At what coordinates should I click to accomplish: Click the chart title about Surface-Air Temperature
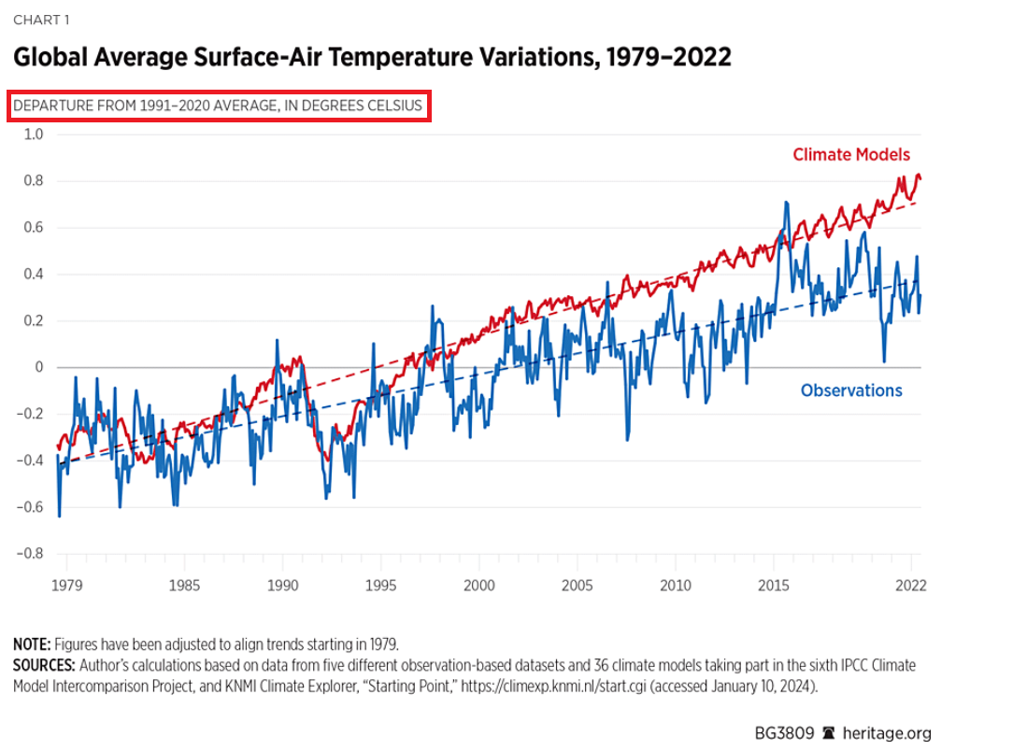click(x=371, y=57)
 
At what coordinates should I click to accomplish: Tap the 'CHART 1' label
click(x=41, y=20)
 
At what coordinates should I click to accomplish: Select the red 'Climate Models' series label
click(x=850, y=155)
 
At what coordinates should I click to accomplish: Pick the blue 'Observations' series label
click(x=851, y=390)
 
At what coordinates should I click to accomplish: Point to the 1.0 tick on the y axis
click(x=34, y=135)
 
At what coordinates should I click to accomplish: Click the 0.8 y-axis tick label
click(x=34, y=181)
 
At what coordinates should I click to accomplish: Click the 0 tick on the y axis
click(x=39, y=367)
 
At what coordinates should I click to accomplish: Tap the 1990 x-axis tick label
click(x=282, y=586)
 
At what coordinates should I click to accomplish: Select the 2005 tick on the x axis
click(x=577, y=586)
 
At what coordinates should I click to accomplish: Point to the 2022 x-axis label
click(x=911, y=586)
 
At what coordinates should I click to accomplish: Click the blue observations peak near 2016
click(x=787, y=203)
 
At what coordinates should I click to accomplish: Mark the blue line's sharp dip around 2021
click(x=884, y=361)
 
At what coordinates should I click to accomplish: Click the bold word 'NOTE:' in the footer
click(x=33, y=645)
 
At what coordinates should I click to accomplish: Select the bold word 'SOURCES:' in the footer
click(x=44, y=665)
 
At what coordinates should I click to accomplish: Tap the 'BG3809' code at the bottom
click(x=784, y=733)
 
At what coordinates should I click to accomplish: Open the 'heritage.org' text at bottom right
click(x=887, y=733)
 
